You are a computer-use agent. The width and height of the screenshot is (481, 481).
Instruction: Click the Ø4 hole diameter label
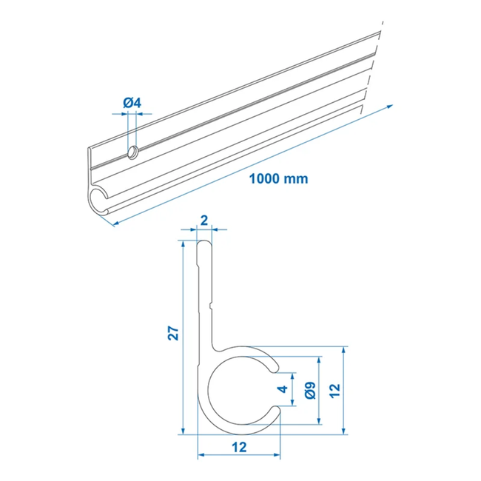(131, 102)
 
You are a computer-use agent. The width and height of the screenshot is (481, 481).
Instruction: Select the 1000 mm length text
(278, 178)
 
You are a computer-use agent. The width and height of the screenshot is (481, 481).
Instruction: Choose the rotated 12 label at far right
(334, 389)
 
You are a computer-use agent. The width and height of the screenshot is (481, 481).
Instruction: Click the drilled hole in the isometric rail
(132, 152)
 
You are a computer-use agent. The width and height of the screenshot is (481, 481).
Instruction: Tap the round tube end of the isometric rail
(98, 201)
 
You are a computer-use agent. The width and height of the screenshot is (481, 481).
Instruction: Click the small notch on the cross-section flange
(212, 303)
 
